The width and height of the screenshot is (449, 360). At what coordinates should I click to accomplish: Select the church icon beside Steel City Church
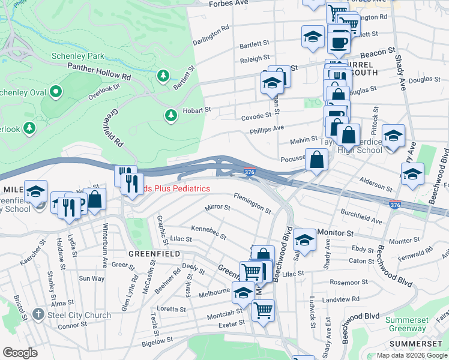pos(38,314)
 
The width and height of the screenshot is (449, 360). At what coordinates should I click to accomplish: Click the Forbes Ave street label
pos(229,4)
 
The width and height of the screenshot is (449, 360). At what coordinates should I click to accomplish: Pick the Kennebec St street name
pos(208,232)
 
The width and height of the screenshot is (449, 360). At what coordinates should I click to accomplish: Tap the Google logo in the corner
pos(20,353)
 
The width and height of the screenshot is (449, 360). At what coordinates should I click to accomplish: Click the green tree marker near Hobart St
pos(171,114)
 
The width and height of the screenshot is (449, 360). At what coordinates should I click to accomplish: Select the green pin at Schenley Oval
pos(56,92)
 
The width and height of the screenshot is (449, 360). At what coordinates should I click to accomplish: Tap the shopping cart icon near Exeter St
pos(263,310)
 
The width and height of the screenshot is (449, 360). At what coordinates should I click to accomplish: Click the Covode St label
pos(256,116)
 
